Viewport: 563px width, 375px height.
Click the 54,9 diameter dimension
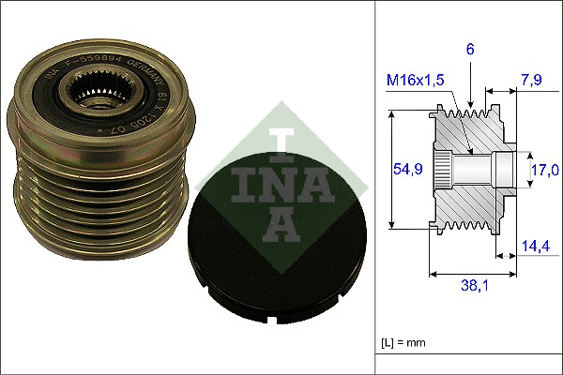(405, 169)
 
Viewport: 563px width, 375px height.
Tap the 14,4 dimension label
(536, 247)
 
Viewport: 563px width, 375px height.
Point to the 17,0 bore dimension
(543, 170)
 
